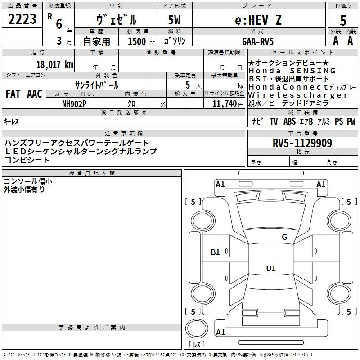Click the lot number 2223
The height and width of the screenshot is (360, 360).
coord(22,19)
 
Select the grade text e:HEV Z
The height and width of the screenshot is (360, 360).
coord(258,20)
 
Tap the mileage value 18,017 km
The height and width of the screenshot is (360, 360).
coord(54,64)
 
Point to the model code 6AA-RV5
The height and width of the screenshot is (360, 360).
coord(258,41)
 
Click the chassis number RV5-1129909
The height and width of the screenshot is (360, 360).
coord(302,143)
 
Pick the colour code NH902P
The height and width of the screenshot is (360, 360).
coord(74,104)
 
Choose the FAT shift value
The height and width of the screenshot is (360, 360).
coord(13,94)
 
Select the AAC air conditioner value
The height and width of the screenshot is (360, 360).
coord(35,94)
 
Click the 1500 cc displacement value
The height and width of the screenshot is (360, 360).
coord(141,41)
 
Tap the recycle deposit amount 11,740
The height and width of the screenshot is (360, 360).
coord(225,104)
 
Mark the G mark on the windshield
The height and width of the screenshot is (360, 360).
coord(284,237)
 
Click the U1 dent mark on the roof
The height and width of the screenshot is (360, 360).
coord(271,268)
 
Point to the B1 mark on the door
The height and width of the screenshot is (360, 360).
coord(216,252)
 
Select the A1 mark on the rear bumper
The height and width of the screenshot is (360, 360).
coord(220,332)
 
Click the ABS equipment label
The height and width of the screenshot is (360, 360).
coord(289,121)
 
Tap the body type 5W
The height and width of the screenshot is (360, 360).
coord(175,20)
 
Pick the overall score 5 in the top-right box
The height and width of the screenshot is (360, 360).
coord(343,20)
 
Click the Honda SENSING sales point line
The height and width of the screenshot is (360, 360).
coord(292,71)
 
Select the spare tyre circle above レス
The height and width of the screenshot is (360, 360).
coord(197,328)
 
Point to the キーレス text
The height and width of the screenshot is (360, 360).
coord(11,121)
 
